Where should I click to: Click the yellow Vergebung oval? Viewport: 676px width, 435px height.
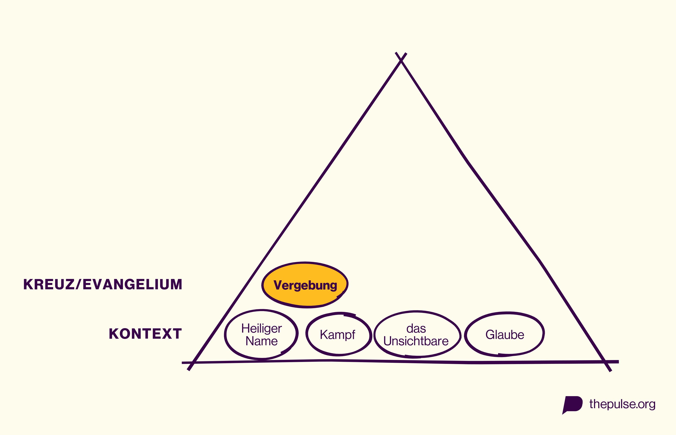(305, 285)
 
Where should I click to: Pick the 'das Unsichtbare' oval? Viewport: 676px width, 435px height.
(417, 334)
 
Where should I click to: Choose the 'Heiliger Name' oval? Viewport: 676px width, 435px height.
(261, 335)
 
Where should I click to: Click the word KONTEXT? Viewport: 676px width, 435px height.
(145, 334)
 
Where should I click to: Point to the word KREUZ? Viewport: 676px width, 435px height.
(49, 284)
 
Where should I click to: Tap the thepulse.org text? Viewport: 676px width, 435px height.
(622, 404)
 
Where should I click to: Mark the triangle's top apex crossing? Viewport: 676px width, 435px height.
(401, 60)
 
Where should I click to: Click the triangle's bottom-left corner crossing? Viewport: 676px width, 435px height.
(192, 362)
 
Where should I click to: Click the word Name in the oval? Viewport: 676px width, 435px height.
(262, 341)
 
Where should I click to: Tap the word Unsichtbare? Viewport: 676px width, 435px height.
(416, 341)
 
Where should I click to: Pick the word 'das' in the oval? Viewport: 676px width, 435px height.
(416, 329)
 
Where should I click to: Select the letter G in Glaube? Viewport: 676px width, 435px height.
(490, 335)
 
